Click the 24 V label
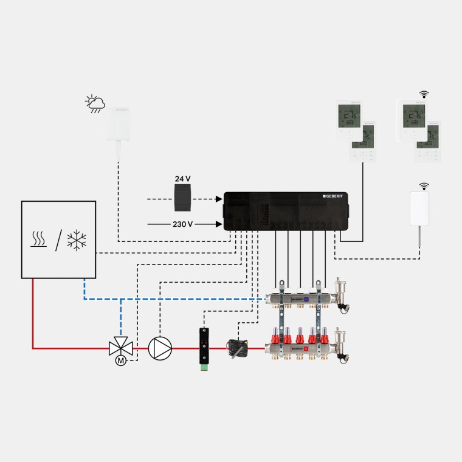point(182,179)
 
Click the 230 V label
point(182,224)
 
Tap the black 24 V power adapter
point(182,199)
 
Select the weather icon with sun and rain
point(95,104)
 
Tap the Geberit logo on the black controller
point(333,196)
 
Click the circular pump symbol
point(160,348)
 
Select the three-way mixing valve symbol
point(120,348)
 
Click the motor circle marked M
point(120,361)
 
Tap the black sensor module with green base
point(202,348)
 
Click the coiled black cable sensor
point(236,348)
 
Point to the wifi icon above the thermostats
point(424,94)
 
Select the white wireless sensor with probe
point(420,210)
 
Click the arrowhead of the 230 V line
point(218,224)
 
